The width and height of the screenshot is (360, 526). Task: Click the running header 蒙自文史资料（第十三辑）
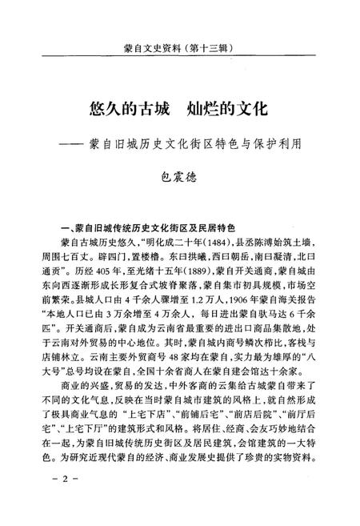[181, 47]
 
